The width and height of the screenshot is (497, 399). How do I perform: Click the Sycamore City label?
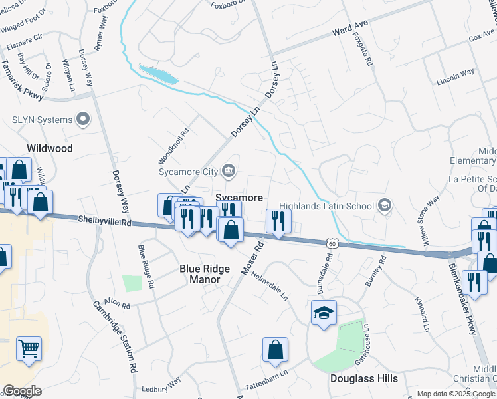click(x=188, y=172)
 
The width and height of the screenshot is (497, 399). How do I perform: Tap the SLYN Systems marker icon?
click(x=83, y=120)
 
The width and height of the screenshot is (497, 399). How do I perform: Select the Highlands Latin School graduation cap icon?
click(x=383, y=206)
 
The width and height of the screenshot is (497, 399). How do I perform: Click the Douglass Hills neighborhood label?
click(x=364, y=378)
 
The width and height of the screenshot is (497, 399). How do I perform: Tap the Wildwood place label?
click(x=49, y=148)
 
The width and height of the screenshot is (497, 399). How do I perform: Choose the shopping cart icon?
click(x=29, y=348)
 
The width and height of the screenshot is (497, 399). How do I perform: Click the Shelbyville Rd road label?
click(x=106, y=220)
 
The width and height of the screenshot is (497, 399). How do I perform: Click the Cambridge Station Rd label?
click(x=114, y=336)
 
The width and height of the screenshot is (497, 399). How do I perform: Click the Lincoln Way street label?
click(x=455, y=74)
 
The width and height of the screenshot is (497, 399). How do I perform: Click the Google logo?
click(x=22, y=390)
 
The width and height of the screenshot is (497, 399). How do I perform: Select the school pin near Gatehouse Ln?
click(x=324, y=312)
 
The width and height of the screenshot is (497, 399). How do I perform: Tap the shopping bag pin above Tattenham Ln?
click(x=275, y=350)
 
